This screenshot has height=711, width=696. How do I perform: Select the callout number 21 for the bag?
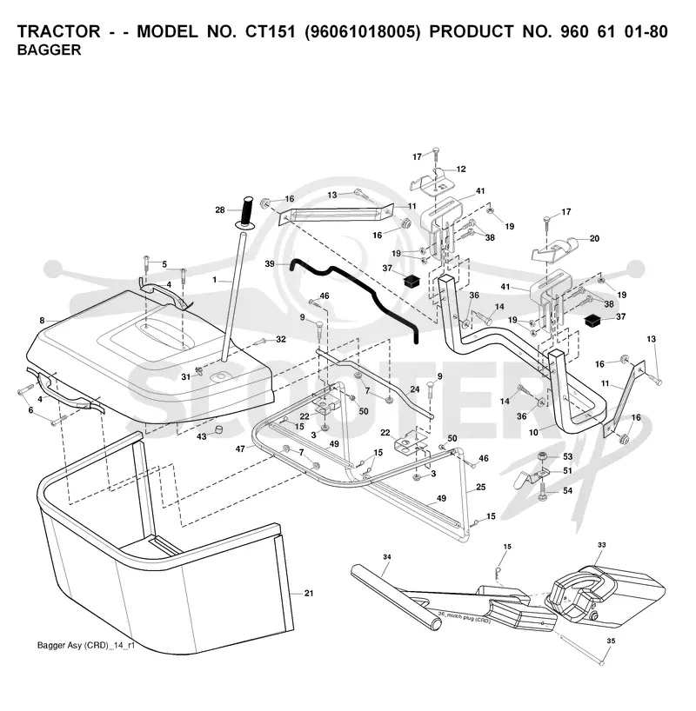pyautogui.click(x=309, y=593)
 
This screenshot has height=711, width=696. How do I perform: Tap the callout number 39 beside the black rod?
pyautogui.click(x=270, y=264)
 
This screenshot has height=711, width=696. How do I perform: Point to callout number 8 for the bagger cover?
pyautogui.click(x=42, y=321)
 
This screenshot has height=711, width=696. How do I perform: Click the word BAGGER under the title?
pyautogui.click(x=49, y=50)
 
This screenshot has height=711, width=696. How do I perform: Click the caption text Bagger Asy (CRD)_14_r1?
pyautogui.click(x=86, y=645)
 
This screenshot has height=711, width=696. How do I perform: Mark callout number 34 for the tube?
pyautogui.click(x=387, y=557)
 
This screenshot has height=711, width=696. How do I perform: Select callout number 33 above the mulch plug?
pyautogui.click(x=601, y=545)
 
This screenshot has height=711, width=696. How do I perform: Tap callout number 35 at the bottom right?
pyautogui.click(x=611, y=641)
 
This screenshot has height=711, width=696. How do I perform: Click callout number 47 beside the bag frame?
pyautogui.click(x=240, y=449)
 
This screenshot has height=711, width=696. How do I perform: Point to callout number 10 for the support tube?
pyautogui.click(x=533, y=432)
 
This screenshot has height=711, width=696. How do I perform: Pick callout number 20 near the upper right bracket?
pyautogui.click(x=594, y=238)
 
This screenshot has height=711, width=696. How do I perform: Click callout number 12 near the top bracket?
pyautogui.click(x=461, y=169)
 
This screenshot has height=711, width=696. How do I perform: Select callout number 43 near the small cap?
pyautogui.click(x=202, y=436)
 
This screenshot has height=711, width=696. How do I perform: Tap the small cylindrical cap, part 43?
pyautogui.click(x=220, y=429)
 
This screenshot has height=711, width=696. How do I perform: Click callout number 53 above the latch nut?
pyautogui.click(x=567, y=456)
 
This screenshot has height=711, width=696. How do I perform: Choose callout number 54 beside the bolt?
pyautogui.click(x=567, y=490)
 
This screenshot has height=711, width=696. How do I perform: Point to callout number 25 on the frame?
pyautogui.click(x=481, y=487)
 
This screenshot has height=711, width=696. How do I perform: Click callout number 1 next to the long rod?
pyautogui.click(x=215, y=280)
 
